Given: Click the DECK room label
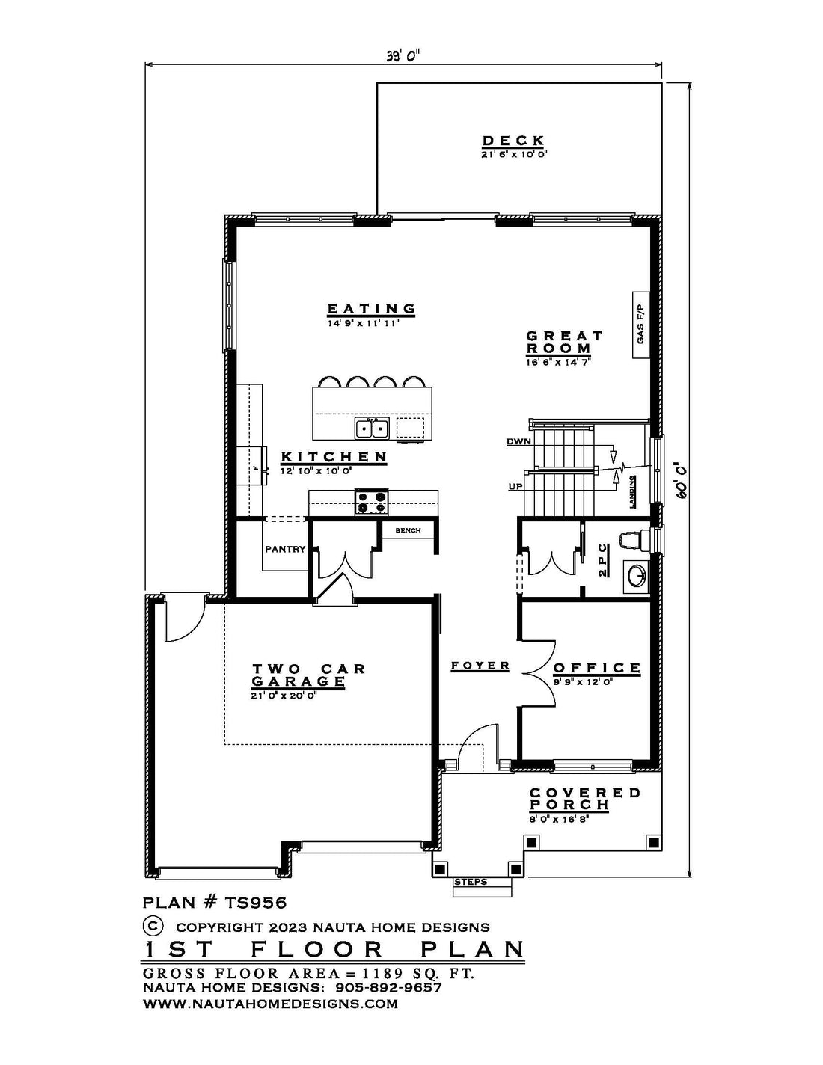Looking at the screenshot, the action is pos(513,141).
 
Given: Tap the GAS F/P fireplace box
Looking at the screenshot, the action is pos(640,325).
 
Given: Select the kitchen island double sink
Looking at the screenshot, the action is pos(372,428).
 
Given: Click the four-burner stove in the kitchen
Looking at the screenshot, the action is pos(372,503).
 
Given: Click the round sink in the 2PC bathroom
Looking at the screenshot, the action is pos(635,575).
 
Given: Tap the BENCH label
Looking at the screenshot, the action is pos(408,530).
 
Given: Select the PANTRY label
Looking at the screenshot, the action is pos(285,550).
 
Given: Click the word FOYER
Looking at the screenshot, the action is pos(480,666).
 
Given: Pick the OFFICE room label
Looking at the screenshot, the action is pos(597,668).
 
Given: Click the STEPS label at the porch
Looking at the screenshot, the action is pos(471,883).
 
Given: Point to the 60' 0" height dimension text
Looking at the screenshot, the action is pos(682,480).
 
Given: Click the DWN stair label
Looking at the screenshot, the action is pos(518,441).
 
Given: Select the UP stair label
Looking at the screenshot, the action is pos(515,487).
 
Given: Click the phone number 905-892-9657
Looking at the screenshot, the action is pos(388,987).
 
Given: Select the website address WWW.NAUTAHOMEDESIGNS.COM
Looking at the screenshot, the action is pos(270,1004).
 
